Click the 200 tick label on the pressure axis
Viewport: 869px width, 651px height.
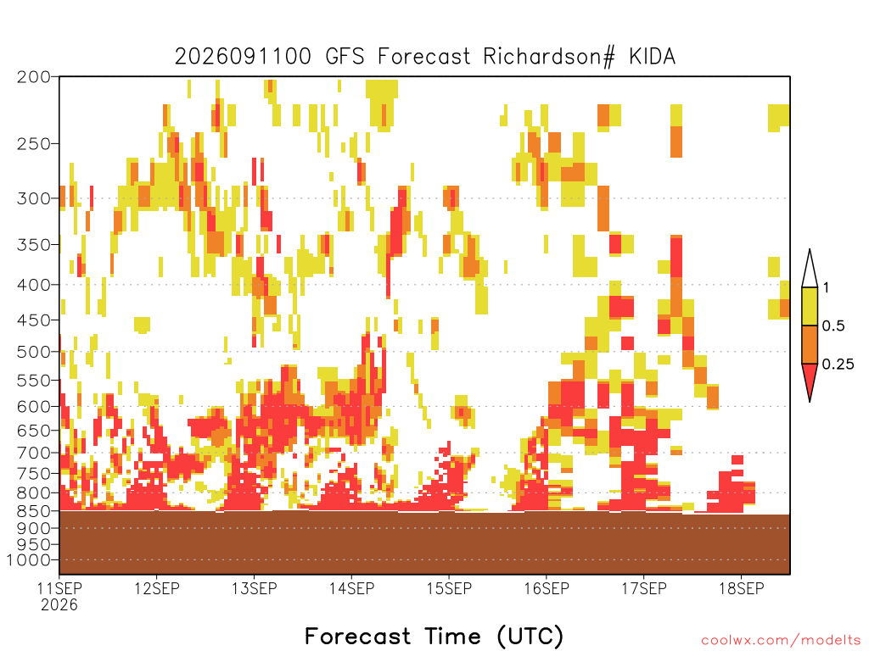(33, 77)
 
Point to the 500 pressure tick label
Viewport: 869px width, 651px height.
(33, 352)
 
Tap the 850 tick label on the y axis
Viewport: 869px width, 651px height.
(33, 511)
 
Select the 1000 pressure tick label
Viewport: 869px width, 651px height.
(29, 560)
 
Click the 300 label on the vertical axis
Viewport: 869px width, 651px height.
(33, 198)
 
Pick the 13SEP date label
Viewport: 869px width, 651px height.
(255, 588)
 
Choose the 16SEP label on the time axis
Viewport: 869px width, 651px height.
(547, 588)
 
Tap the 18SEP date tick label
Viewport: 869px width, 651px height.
(742, 588)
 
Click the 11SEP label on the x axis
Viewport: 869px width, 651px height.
(59, 588)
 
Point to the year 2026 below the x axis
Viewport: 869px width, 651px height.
(59, 605)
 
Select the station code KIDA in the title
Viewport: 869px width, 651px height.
(653, 57)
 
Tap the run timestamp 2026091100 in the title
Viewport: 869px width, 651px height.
(243, 57)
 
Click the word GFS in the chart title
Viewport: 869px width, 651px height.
(345, 57)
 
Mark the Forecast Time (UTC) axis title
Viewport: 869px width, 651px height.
(434, 636)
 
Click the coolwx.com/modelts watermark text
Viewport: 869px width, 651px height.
(782, 641)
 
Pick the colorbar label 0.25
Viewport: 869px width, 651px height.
(838, 364)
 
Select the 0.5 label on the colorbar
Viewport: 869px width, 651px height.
(833, 325)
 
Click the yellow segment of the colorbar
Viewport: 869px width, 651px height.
(810, 306)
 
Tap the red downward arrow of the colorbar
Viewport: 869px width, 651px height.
(810, 378)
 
